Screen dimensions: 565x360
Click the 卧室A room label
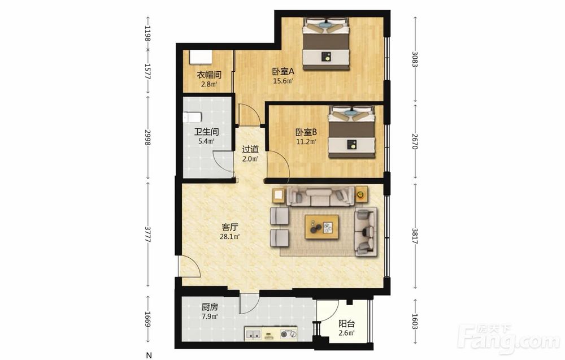(x=283, y=71)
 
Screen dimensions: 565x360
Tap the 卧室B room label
(x=306, y=132)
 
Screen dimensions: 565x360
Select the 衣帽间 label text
(x=209, y=75)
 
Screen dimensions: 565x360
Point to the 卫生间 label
(x=206, y=132)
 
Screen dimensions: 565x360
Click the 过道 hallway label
(x=250, y=149)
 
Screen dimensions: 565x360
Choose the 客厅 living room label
(x=229, y=227)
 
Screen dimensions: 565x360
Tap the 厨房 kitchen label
(x=210, y=307)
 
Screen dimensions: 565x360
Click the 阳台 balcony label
(x=347, y=324)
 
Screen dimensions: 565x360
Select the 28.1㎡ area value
(x=229, y=237)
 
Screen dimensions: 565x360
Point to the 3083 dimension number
(x=415, y=59)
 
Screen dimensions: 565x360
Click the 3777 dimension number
(x=147, y=234)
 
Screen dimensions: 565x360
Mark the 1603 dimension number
(x=415, y=322)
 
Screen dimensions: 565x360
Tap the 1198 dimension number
(x=147, y=33)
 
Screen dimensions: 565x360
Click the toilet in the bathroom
(x=192, y=118)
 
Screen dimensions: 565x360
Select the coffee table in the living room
(x=322, y=227)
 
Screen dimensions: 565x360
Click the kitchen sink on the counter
(x=253, y=334)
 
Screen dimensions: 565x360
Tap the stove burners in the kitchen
(x=289, y=334)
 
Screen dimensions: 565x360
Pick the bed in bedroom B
(x=351, y=132)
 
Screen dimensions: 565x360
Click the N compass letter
(x=149, y=355)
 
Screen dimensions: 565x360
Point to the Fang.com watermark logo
(x=509, y=339)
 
